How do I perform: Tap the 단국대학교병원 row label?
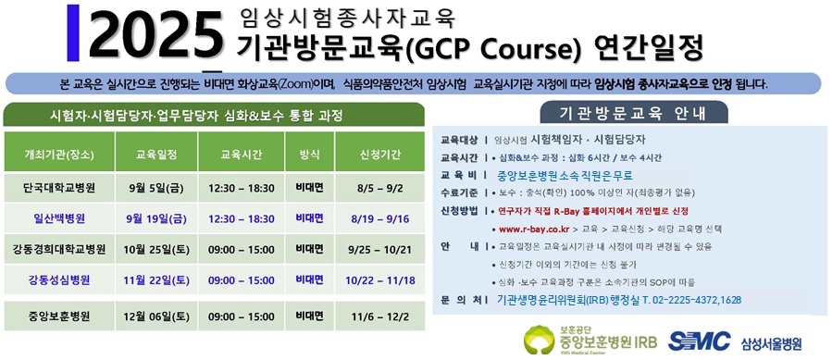[x=59, y=188]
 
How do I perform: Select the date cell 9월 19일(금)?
[x=156, y=218]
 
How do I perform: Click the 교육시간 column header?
[x=241, y=155]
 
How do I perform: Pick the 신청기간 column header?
[x=380, y=155]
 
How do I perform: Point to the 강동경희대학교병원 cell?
[x=59, y=250]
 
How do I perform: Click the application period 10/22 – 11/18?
[x=380, y=280]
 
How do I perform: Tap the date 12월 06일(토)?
[x=156, y=317]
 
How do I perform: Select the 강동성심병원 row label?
[x=59, y=280]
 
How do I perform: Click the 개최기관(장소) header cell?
[x=59, y=155]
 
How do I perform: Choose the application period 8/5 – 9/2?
[x=380, y=188]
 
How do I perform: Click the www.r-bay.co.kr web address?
[x=534, y=230]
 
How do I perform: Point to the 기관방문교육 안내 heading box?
[x=634, y=112]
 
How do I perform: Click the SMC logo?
[x=699, y=341]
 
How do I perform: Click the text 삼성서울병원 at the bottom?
[x=772, y=343]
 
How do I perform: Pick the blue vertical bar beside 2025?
[x=73, y=32]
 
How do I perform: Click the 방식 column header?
[x=310, y=155]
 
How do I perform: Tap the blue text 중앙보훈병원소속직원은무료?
[x=565, y=176]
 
